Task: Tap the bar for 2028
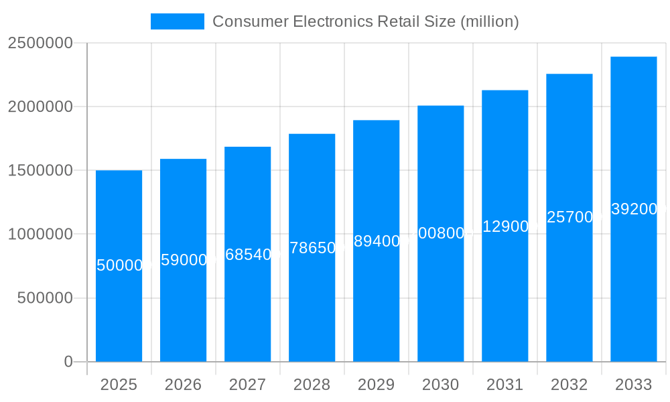(x=312, y=301)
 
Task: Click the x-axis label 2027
(x=247, y=385)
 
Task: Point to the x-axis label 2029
(x=376, y=385)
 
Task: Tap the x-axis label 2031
(x=505, y=385)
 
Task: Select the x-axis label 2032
(x=569, y=385)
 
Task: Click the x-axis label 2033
(x=633, y=385)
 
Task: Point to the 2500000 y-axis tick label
(x=40, y=43)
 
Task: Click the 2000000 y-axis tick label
(x=40, y=107)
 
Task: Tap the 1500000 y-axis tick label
(x=40, y=170)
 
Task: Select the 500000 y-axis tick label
(x=44, y=298)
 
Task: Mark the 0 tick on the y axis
(x=68, y=362)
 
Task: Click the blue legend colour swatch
(x=177, y=21)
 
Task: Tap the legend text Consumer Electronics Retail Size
(x=365, y=21)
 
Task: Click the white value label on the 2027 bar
(x=247, y=255)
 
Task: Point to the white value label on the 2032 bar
(x=569, y=217)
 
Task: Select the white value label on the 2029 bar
(x=376, y=241)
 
